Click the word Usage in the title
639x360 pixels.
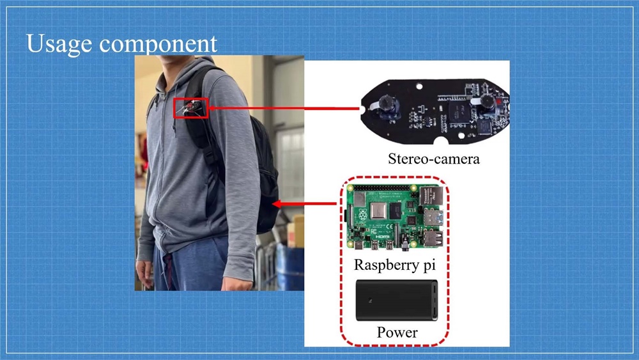click(x=61, y=43)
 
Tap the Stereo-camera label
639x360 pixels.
click(x=433, y=158)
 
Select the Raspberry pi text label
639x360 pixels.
click(x=394, y=264)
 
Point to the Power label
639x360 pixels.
click(x=397, y=333)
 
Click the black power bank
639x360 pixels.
click(x=396, y=301)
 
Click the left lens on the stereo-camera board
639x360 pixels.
click(x=387, y=102)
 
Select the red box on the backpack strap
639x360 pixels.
click(x=190, y=108)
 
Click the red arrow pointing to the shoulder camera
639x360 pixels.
click(x=281, y=108)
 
